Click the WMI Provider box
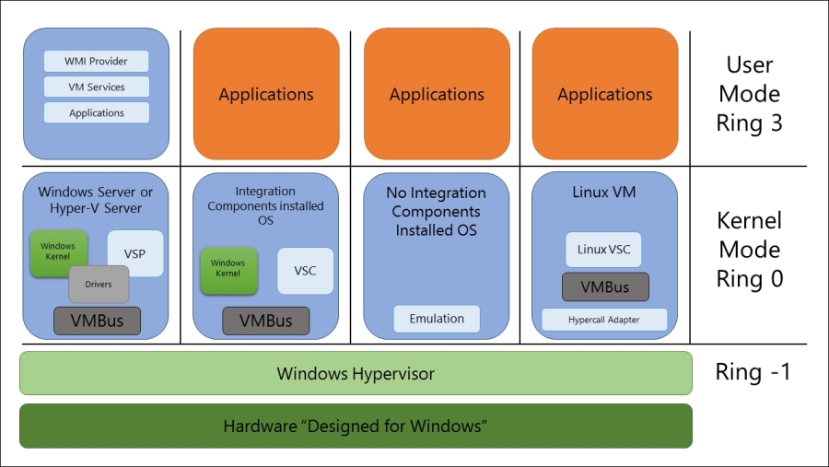[x=96, y=62]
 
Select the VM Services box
[x=96, y=88]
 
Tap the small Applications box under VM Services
[x=96, y=113]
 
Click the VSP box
[x=134, y=253]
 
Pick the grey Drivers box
[x=99, y=285]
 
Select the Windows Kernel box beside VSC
[x=228, y=269]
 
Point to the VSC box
[x=304, y=271]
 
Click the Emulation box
[x=437, y=319]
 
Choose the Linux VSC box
[x=603, y=250]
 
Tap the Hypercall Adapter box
[x=604, y=320]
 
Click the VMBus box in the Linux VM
[x=604, y=286]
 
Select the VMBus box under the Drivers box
[x=97, y=321]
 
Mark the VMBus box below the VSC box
[x=265, y=321]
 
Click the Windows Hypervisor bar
[x=356, y=373]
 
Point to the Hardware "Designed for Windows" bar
[x=356, y=426]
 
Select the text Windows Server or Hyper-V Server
[x=96, y=200]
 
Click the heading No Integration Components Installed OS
[x=437, y=212]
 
